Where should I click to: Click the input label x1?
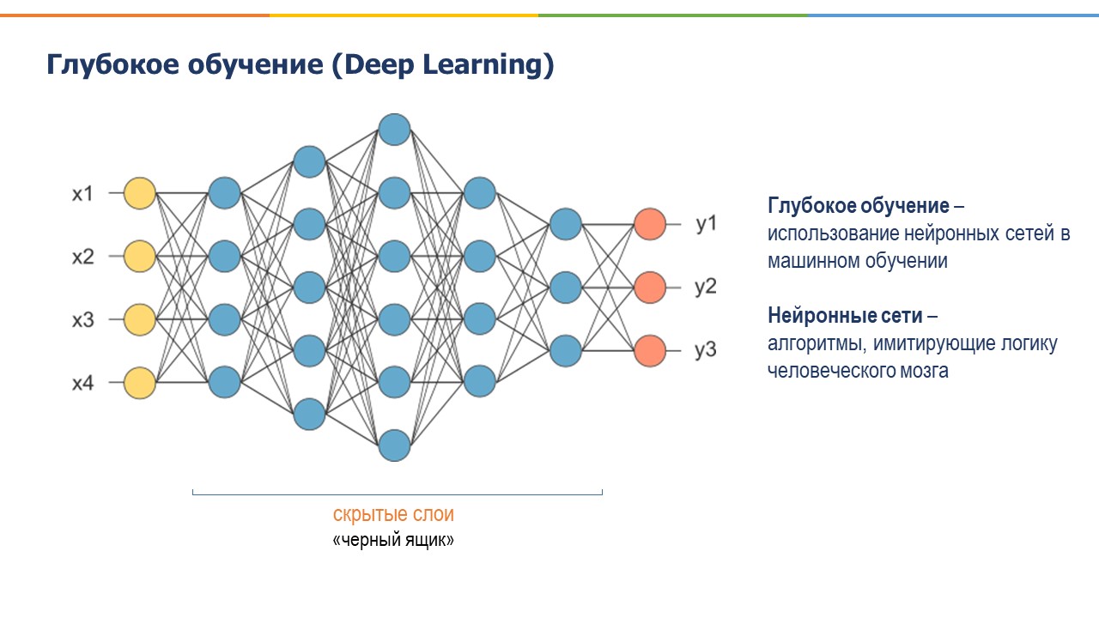point(82,194)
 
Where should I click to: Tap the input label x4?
point(82,384)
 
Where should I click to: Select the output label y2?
point(706,288)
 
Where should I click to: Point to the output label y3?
point(706,351)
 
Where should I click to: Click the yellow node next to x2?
point(140,256)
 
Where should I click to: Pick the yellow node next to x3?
point(140,319)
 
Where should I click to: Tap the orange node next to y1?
point(650,224)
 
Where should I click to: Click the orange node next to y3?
point(650,350)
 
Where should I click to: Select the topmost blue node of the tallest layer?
point(394,130)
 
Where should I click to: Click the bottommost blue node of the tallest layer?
point(394,445)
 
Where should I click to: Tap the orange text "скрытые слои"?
point(393,515)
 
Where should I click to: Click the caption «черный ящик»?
point(393,542)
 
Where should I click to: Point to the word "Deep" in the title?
point(379,65)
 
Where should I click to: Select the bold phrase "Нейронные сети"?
point(846,316)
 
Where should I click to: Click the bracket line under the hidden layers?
point(398,494)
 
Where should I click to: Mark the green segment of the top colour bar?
point(672,15)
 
